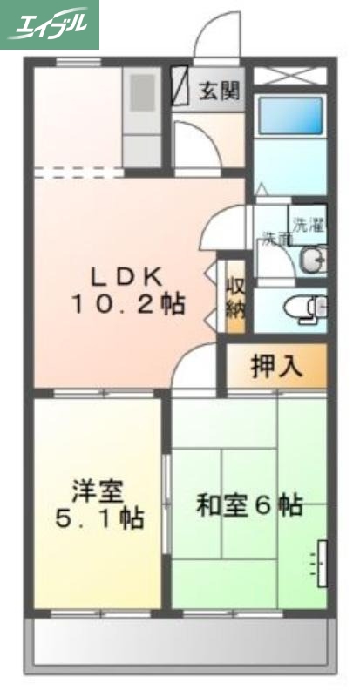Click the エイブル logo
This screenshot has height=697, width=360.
50,24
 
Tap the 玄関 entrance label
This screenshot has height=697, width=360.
218,89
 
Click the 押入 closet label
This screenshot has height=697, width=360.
276,367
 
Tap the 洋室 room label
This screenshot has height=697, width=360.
96,491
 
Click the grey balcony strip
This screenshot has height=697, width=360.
180,646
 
